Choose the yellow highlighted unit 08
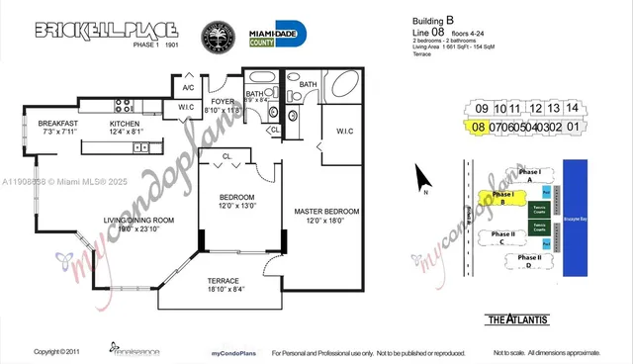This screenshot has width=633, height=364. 479,127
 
